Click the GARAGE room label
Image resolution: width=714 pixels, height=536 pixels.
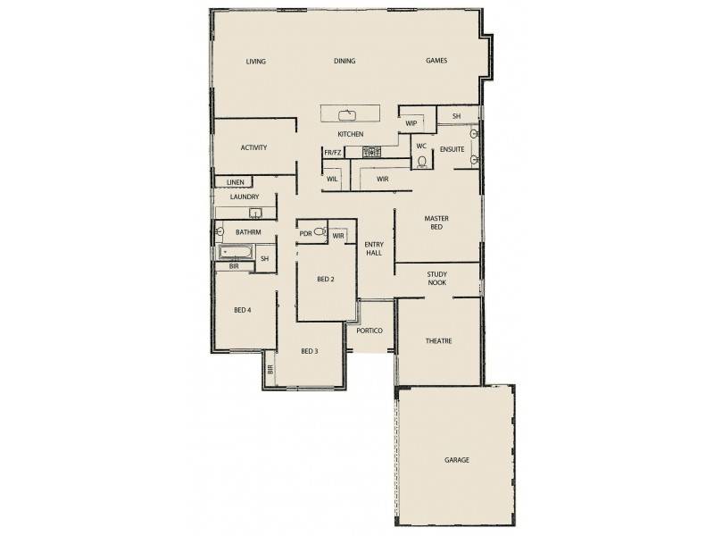point(457,460)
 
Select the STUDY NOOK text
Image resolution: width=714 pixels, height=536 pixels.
point(436,279)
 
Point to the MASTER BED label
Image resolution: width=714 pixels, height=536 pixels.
point(436,222)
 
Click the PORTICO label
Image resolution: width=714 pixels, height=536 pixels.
point(369,331)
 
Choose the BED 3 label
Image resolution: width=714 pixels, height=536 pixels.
point(310,351)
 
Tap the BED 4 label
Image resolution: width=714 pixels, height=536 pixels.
point(243,310)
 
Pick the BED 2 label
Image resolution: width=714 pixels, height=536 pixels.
point(325,279)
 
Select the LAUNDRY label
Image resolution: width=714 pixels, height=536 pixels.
point(244,197)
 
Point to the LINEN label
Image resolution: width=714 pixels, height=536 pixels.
point(235,182)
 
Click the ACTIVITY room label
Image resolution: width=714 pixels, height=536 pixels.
point(253,148)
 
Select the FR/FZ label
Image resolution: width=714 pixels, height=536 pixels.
point(333,153)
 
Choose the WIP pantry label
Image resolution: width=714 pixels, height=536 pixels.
point(411,123)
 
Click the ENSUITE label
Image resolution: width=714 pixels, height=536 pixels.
point(452,149)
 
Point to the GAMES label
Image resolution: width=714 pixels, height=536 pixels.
point(436,61)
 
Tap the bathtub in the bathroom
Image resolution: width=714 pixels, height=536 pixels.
point(235,253)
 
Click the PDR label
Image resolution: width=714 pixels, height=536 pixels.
point(305,234)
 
